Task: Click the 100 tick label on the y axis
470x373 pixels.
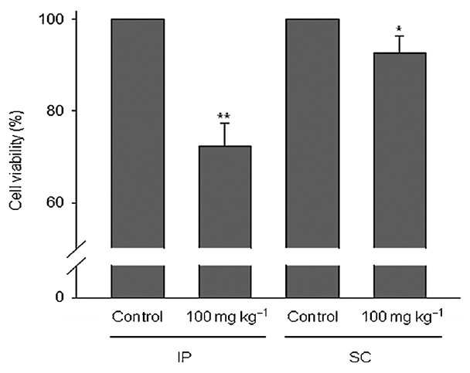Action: click(52, 19)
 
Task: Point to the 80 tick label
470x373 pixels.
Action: click(56, 111)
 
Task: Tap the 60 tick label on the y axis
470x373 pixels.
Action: click(56, 203)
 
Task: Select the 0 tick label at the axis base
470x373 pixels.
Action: click(60, 297)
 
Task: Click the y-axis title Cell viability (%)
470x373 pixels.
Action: click(16, 161)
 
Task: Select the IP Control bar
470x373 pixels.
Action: click(138, 158)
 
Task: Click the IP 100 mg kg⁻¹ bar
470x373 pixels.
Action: click(225, 222)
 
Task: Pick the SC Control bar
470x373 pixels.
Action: click(312, 158)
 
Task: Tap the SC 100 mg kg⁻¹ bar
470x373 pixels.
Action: click(400, 175)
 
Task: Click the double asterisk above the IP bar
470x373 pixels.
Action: click(224, 116)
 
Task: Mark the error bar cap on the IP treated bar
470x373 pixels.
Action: click(225, 123)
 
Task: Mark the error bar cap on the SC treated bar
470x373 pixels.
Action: click(400, 36)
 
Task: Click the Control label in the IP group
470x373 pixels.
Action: click(138, 317)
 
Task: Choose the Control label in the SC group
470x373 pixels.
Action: click(312, 317)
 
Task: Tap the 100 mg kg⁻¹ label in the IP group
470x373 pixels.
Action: click(226, 317)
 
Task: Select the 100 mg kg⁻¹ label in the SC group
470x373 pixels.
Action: click(402, 317)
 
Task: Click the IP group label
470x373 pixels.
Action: click(183, 357)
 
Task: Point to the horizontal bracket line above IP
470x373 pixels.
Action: click(188, 337)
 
